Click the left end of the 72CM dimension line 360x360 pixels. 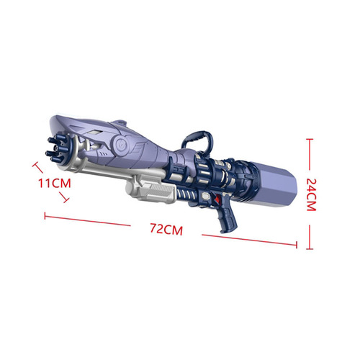45,214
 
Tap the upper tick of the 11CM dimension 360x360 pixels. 34,165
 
